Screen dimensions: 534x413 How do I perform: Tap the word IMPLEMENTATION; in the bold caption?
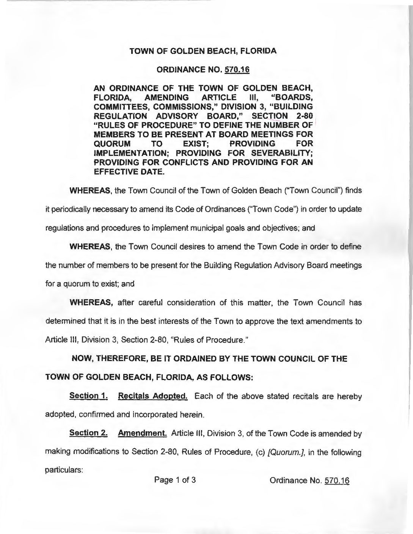(x=130, y=154)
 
